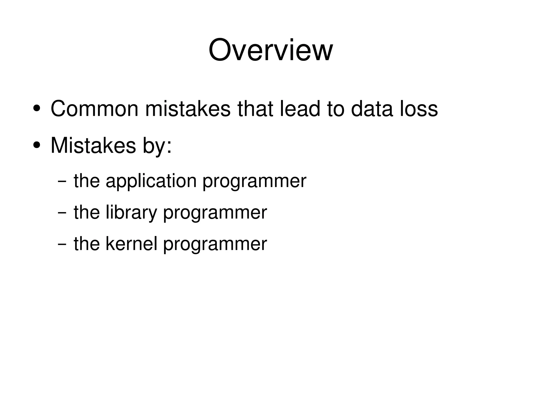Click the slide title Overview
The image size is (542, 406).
[x=270, y=50]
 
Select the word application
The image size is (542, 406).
[x=151, y=181]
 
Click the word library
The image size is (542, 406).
[x=131, y=213]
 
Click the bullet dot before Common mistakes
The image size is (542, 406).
[x=37, y=109]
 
